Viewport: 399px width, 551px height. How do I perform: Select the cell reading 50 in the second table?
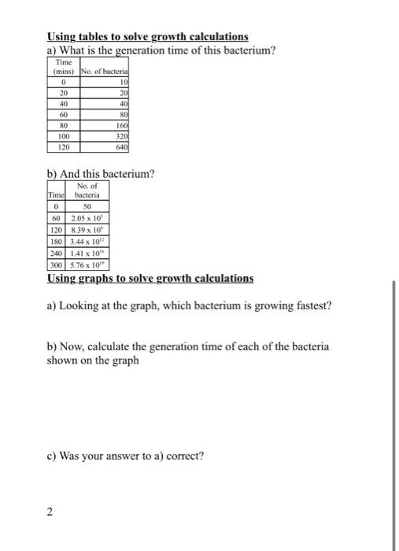(88, 205)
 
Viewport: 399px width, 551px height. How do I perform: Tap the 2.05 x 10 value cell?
(89, 218)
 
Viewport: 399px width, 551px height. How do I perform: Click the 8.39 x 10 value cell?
(89, 231)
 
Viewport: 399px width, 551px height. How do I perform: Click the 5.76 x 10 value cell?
(89, 267)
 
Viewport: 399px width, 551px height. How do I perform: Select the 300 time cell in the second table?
(56, 267)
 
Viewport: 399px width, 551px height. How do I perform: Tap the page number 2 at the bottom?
(50, 512)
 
